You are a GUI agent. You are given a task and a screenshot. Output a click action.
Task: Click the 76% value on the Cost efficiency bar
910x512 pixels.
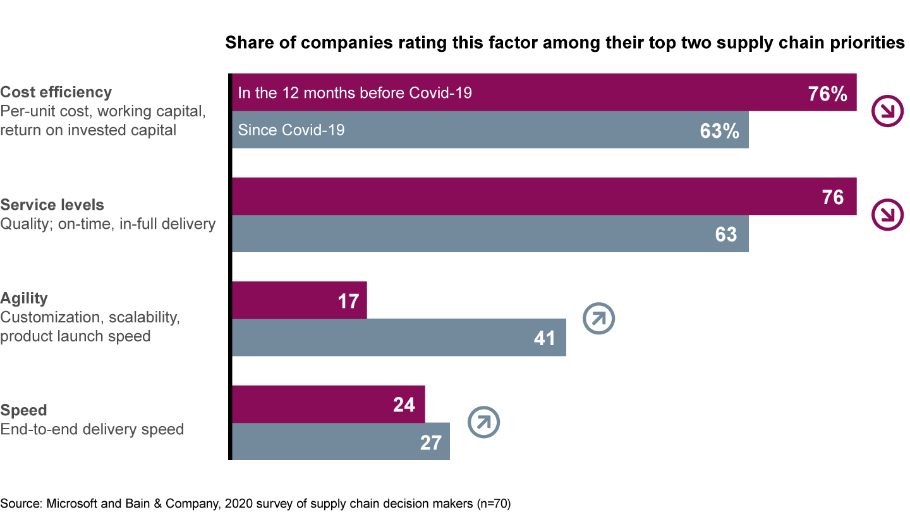pos(827,94)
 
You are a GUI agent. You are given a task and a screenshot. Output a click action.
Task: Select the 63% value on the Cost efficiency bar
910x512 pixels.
pos(719,131)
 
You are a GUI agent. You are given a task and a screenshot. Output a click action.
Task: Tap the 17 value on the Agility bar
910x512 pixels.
pos(348,301)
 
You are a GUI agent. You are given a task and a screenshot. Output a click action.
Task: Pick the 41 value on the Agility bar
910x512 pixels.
pos(544,338)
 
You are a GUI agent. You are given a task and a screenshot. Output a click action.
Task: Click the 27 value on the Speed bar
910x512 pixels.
pos(430,442)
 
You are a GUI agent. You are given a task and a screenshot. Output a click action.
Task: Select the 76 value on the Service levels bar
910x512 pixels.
pos(832,197)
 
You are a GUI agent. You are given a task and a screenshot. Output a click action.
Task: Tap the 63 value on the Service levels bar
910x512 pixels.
pos(725,235)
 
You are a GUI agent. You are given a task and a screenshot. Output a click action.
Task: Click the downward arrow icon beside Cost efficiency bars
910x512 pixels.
pos(887,112)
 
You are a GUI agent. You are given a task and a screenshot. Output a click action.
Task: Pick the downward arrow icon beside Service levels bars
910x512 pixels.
pos(887,216)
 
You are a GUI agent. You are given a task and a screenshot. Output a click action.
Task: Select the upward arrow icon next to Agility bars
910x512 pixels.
pos(598,319)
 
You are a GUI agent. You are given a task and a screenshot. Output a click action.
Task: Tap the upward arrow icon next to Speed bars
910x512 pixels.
pos(483,422)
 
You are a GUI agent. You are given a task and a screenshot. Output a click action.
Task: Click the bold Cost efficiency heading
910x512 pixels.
pos(56,92)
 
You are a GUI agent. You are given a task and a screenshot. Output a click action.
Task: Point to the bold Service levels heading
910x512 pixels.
pos(52,205)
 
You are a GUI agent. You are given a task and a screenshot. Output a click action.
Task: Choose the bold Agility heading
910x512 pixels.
pos(24,298)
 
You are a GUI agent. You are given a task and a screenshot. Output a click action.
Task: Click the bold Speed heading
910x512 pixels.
pos(23,411)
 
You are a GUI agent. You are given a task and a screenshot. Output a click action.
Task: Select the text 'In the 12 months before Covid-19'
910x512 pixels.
pos(355,94)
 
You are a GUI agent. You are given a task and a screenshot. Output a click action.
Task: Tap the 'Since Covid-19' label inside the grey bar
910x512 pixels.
pos(291,130)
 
